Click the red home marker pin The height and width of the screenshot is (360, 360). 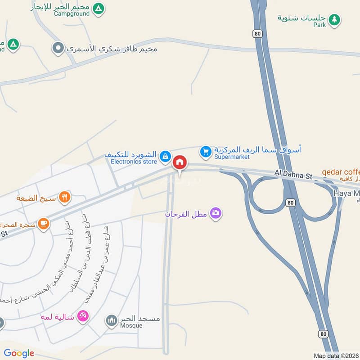tap(180, 162)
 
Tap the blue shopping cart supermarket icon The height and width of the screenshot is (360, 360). tap(206, 152)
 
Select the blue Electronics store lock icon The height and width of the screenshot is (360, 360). tap(165, 156)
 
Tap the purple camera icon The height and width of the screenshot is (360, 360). tap(216, 213)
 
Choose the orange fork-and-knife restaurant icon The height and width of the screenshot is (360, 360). tap(65, 197)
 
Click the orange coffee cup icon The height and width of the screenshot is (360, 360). tap(43, 223)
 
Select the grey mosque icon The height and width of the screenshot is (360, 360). tap(111, 321)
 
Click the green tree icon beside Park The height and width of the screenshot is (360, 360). tap(334, 19)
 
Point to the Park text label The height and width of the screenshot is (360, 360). tap(319, 25)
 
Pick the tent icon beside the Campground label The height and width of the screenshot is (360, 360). tap(99, 9)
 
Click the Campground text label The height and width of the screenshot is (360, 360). tap(72, 13)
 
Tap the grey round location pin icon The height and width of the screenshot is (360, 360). tap(58, 48)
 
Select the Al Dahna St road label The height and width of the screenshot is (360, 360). tap(294, 174)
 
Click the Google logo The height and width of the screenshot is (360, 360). tap(19, 353)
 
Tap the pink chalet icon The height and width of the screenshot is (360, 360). tap(83, 316)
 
